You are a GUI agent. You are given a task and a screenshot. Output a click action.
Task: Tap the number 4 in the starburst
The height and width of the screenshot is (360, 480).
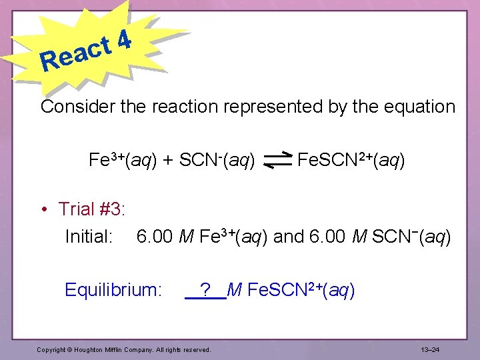pos(123,40)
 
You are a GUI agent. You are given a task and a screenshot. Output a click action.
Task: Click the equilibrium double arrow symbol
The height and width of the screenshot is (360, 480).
pos(278,161)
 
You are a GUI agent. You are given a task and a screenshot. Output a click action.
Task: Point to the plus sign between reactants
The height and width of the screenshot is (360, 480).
pos(169,161)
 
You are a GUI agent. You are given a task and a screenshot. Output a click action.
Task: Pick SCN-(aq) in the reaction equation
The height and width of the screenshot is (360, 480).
pos(217,160)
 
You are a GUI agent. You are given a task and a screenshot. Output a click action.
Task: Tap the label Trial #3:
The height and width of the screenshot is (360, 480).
pos(93,209)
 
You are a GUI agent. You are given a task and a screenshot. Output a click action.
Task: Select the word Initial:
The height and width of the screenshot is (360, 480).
pos(89,237)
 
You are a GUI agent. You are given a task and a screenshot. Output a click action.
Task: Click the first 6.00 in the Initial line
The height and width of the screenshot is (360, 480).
pos(153,237)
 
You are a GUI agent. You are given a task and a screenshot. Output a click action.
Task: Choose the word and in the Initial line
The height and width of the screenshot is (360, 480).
pos(288,237)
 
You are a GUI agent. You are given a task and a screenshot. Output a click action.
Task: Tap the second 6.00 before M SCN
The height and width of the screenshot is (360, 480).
pos(331,237)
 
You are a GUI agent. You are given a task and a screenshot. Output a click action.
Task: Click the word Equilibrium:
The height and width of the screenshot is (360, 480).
pos(113,290)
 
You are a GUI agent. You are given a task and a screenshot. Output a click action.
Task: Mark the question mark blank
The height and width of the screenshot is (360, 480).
pos(206,290)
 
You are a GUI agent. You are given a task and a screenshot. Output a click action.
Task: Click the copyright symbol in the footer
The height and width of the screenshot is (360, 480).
pos(71,349)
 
